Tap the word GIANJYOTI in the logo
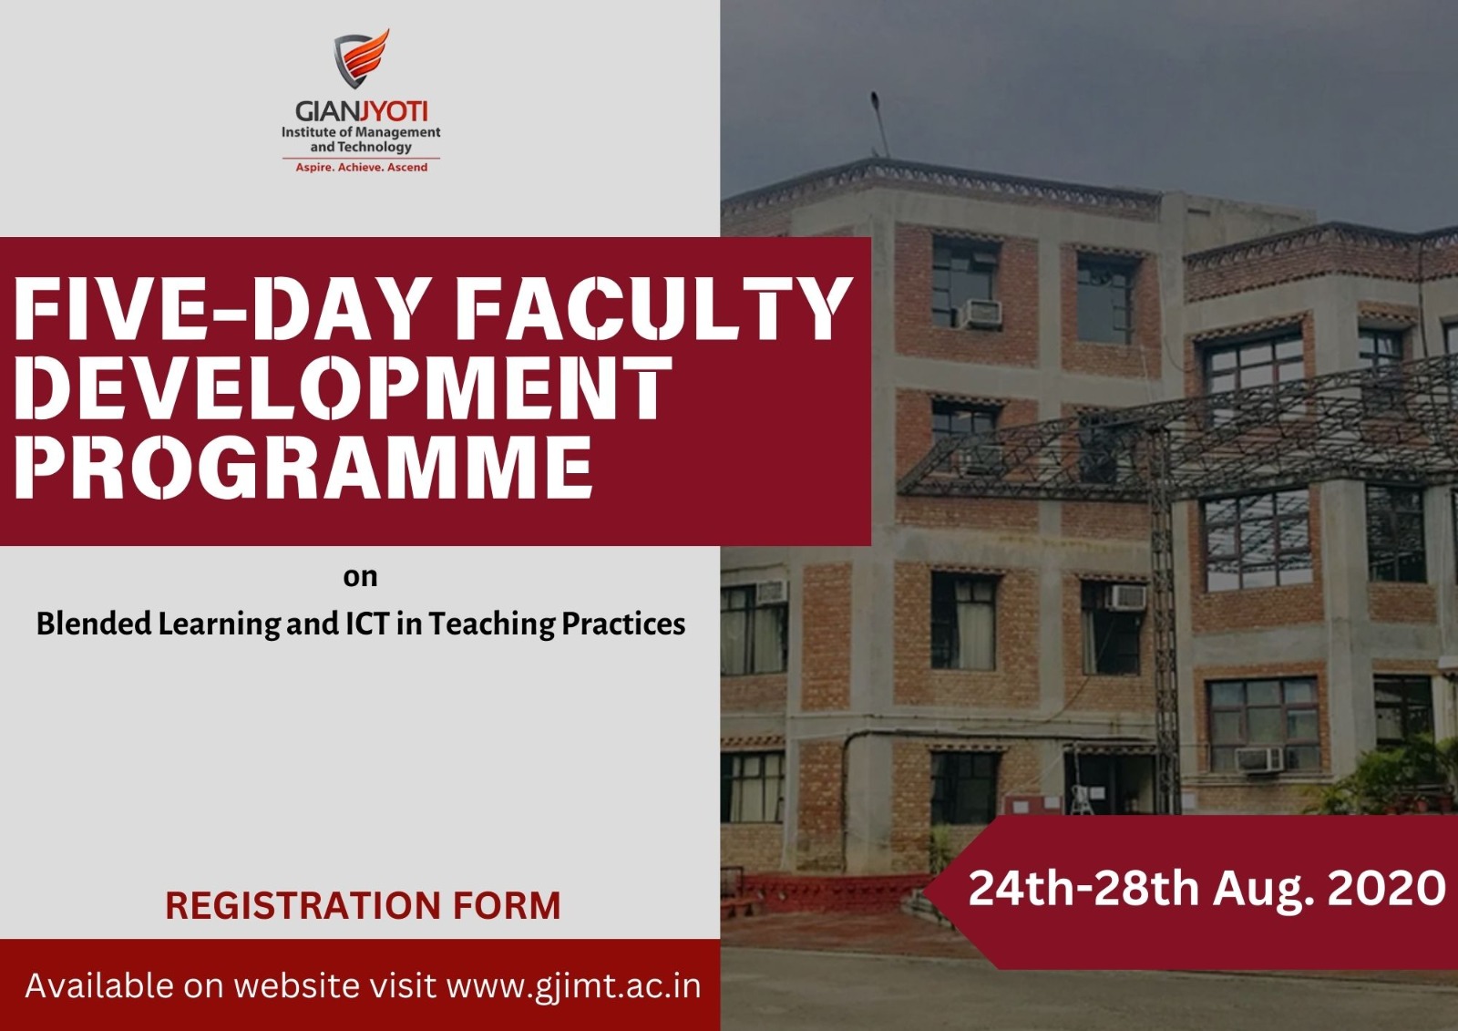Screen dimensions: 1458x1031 pyautogui.click(x=361, y=111)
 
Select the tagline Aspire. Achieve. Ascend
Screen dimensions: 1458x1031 pyautogui.click(x=361, y=168)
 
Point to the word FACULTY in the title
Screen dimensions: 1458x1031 pyautogui.click(x=653, y=308)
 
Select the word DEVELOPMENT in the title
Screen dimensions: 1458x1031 pyautogui.click(x=343, y=388)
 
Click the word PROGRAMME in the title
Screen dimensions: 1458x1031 pyautogui.click(x=303, y=468)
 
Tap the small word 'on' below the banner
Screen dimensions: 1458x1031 pyautogui.click(x=360, y=577)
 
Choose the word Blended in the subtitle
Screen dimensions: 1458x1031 pyautogui.click(x=94, y=624)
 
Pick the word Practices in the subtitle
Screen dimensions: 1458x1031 pyautogui.click(x=623, y=624)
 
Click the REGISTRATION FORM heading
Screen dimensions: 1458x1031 pyautogui.click(x=363, y=905)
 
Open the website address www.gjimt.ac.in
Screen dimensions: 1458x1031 pyautogui.click(x=573, y=986)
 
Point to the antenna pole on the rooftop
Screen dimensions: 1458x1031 pyautogui.click(x=879, y=124)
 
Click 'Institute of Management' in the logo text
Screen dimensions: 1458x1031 pyautogui.click(x=361, y=132)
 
